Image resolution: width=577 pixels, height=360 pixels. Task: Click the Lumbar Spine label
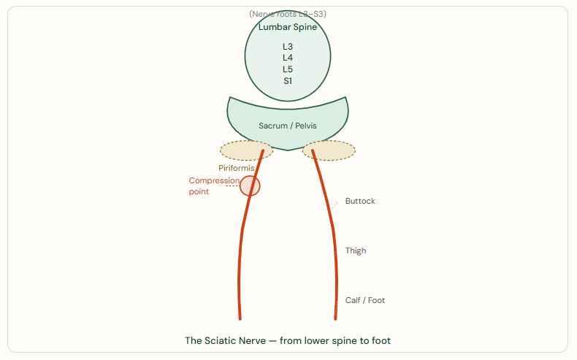tap(288, 27)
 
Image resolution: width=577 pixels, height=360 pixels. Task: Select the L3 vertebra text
tap(288, 46)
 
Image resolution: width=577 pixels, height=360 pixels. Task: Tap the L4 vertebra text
tap(288, 58)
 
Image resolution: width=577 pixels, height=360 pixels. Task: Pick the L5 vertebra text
tap(288, 69)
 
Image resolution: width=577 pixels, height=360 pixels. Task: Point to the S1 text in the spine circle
tap(288, 81)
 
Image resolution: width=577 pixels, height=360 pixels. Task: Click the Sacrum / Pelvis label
tap(288, 126)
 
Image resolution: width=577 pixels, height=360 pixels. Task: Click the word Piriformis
tap(236, 168)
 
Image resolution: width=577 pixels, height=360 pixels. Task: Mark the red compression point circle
tap(250, 185)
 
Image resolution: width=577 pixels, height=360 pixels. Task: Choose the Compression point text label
tap(214, 186)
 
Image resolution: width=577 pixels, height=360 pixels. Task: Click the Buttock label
tap(360, 201)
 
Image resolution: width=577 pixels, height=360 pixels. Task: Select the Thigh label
tap(356, 250)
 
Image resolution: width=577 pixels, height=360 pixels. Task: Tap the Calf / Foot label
tap(365, 300)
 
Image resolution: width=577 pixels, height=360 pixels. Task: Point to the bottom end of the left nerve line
tap(240, 318)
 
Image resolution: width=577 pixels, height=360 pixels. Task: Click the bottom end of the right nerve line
tap(335, 318)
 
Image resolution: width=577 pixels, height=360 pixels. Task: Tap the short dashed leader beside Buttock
tap(335, 206)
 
